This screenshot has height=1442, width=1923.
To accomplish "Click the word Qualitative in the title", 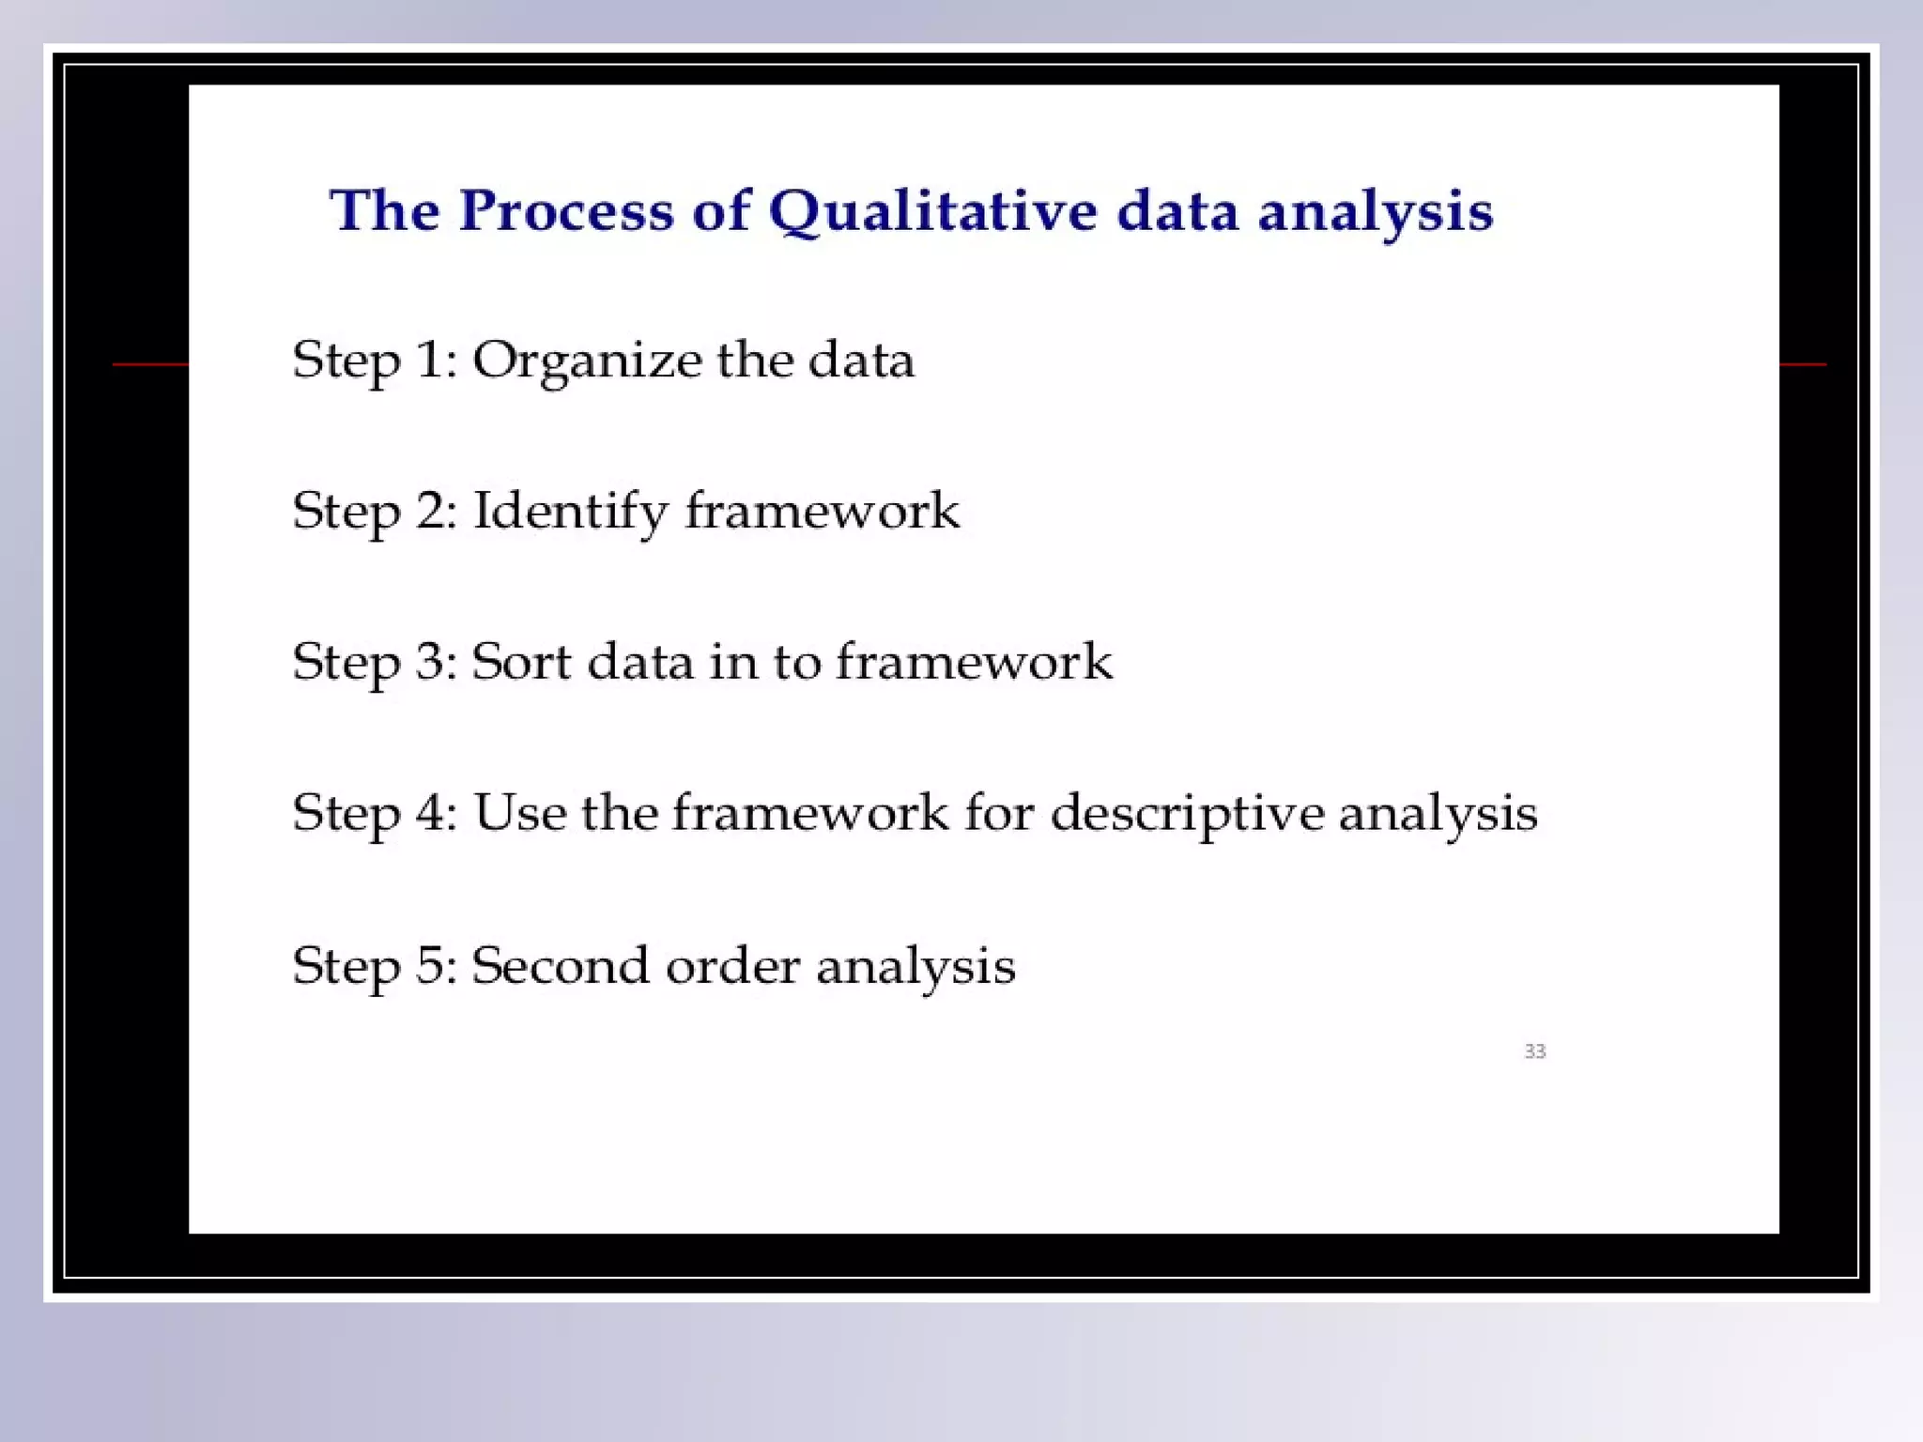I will [x=932, y=210].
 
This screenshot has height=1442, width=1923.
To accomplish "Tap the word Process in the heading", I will [x=566, y=210].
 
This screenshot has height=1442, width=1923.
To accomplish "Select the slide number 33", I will [x=1534, y=1051].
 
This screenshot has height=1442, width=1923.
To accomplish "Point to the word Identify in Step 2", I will [x=570, y=512].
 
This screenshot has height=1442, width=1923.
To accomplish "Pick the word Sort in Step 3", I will [x=521, y=662].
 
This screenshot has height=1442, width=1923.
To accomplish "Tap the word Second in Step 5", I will [x=560, y=965].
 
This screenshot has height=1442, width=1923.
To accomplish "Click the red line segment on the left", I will [x=150, y=363].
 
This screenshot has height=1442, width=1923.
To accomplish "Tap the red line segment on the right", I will [x=1802, y=363].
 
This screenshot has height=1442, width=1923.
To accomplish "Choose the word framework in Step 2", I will [x=822, y=512].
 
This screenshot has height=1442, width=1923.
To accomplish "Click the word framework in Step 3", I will [x=974, y=662].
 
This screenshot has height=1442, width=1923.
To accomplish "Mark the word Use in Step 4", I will [x=519, y=812].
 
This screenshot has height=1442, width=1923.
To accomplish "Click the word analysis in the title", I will [x=1375, y=210].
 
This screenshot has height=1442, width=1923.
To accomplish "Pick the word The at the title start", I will [x=384, y=210].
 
